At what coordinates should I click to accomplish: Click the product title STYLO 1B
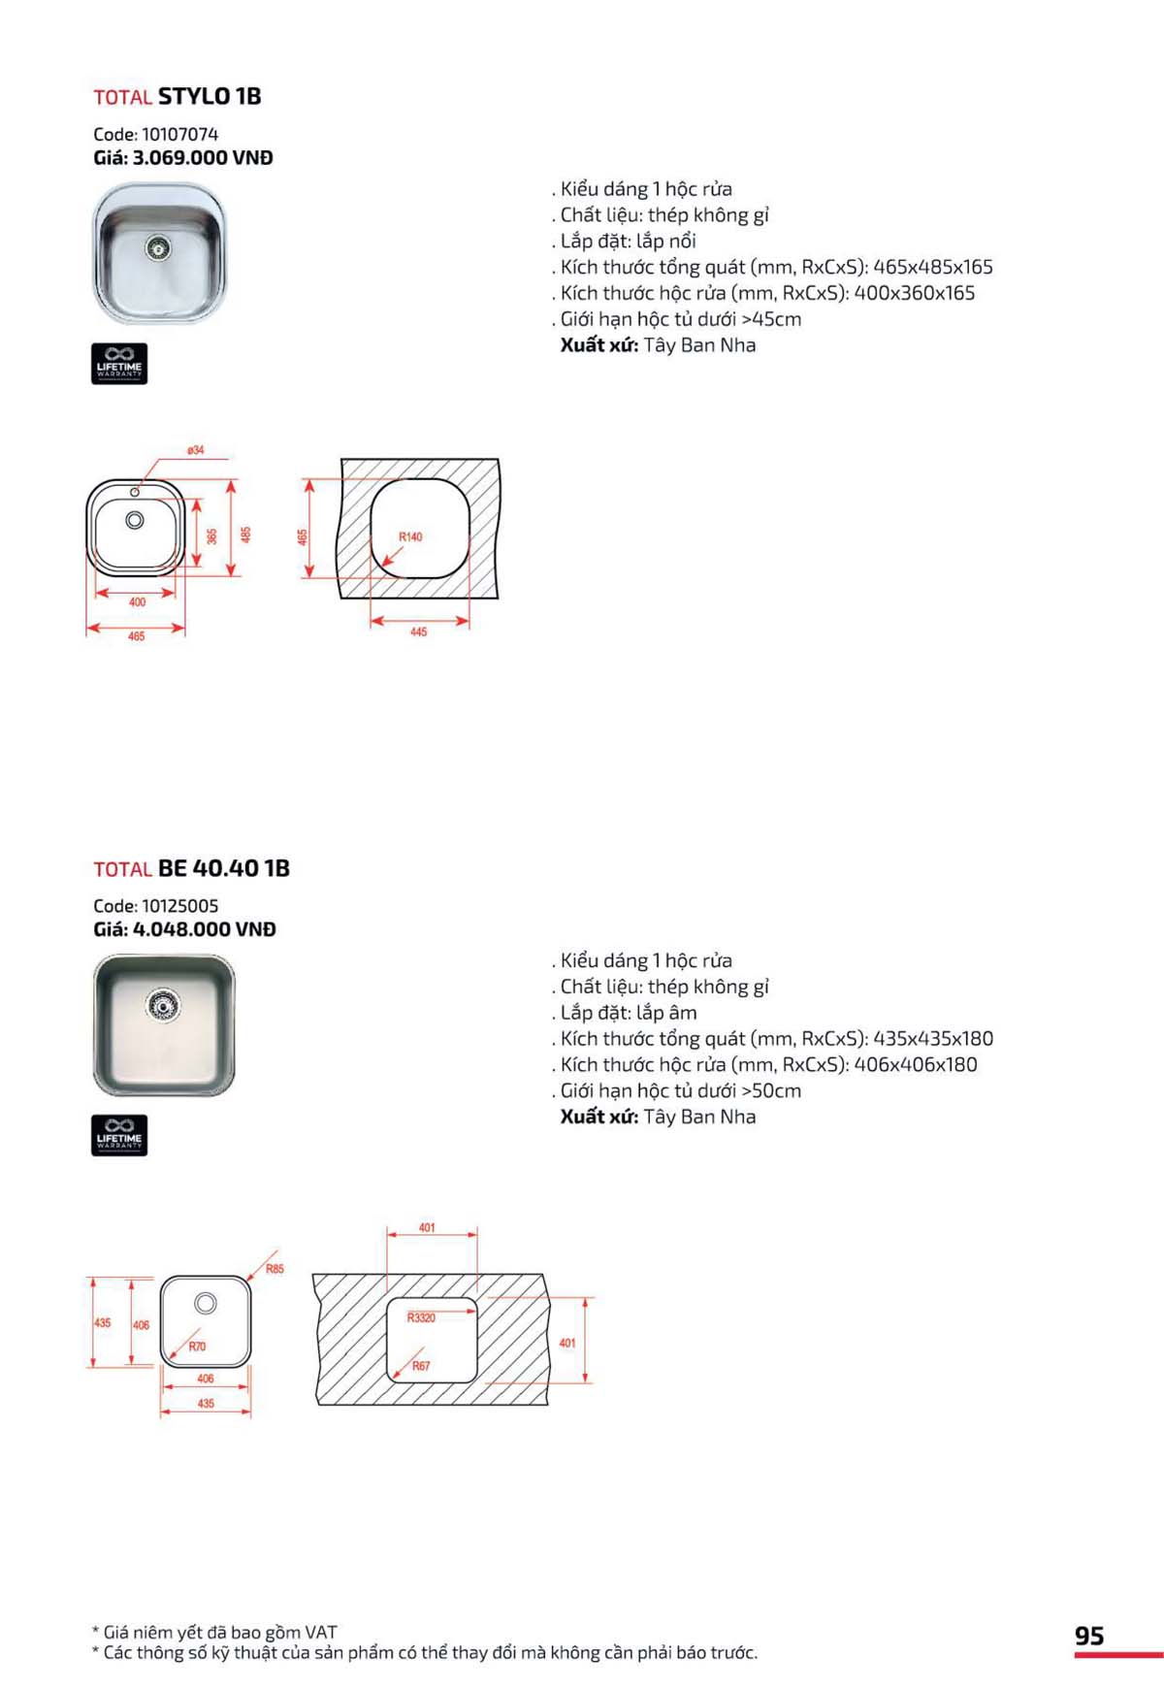210,96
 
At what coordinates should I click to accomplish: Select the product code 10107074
179,134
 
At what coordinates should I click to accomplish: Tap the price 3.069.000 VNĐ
202,157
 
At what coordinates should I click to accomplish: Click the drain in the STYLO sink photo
158,248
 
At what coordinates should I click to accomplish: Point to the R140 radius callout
410,536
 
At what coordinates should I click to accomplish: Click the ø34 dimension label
196,450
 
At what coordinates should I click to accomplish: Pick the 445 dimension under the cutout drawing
418,632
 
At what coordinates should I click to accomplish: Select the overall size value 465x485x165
932,267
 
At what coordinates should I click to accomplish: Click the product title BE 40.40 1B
224,868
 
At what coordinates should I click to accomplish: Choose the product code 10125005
179,906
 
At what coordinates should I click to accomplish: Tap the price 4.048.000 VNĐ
204,929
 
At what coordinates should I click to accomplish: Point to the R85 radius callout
275,1269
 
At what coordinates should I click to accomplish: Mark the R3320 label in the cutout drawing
421,1317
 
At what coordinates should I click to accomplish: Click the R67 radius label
421,1366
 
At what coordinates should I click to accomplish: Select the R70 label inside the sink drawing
197,1346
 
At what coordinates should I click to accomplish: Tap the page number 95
1089,1636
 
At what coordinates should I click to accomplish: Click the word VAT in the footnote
320,1633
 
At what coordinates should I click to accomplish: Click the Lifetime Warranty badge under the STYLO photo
119,364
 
